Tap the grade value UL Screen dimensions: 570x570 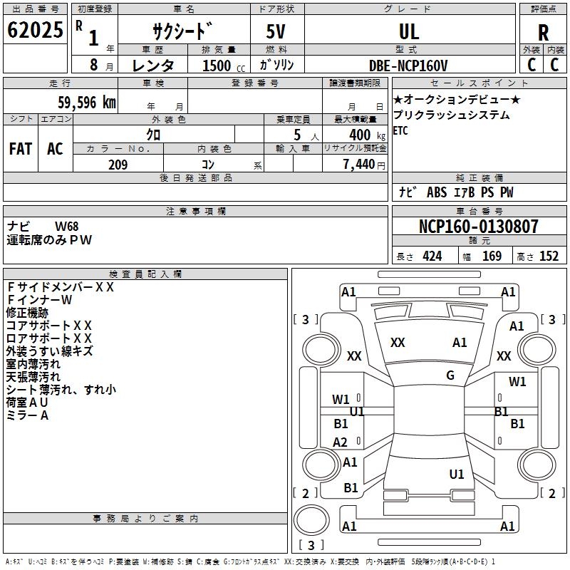tap(409, 32)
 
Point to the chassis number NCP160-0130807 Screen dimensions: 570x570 tap(478, 227)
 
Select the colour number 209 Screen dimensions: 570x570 tap(118, 165)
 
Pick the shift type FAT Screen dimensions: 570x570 tap(20, 148)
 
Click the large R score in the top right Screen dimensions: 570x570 tap(543, 32)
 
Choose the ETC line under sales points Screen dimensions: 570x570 tap(400, 130)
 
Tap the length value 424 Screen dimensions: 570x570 tap(432, 256)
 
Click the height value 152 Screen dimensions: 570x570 tap(549, 256)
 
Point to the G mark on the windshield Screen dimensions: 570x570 tap(450, 375)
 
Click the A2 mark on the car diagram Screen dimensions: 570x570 tap(341, 442)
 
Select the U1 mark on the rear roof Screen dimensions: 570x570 tap(457, 474)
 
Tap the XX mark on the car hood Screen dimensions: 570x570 tap(398, 343)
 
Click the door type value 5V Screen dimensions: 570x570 tap(276, 32)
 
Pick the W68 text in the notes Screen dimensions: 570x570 tap(68, 227)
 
